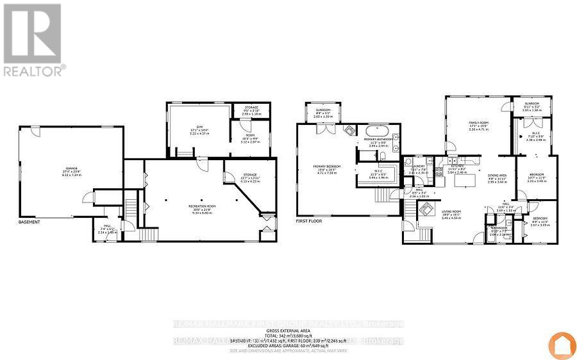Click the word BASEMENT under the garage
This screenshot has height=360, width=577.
point(29,222)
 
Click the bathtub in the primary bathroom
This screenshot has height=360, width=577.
point(376,128)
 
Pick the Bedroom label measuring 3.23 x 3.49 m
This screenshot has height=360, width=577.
point(536,178)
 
